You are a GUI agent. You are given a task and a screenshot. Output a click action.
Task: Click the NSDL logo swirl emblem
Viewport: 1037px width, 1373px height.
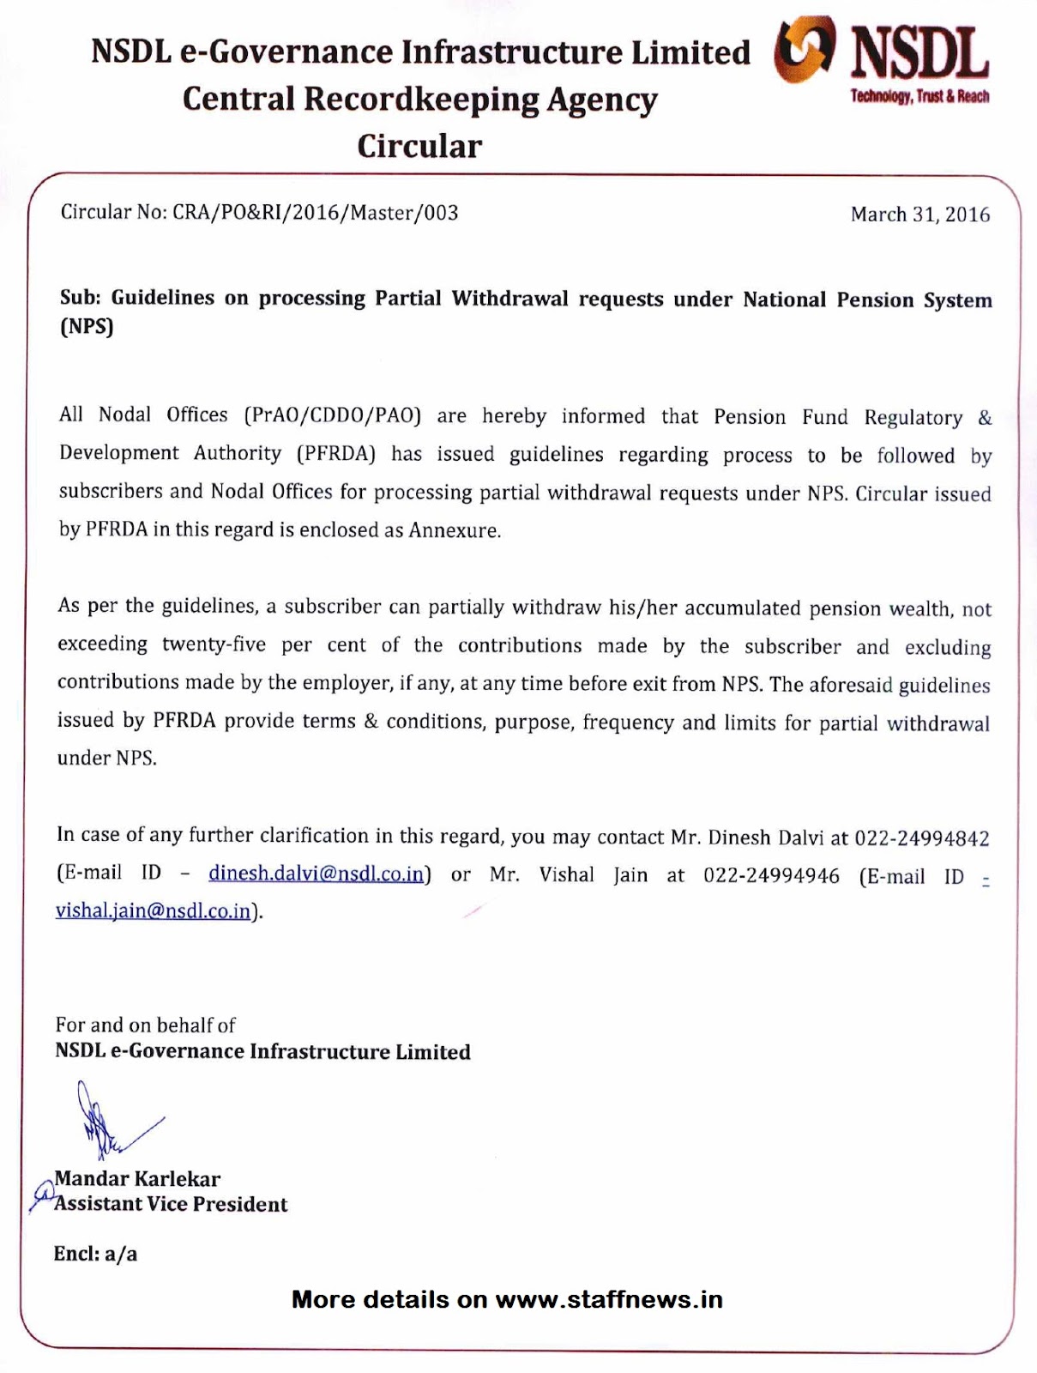804,51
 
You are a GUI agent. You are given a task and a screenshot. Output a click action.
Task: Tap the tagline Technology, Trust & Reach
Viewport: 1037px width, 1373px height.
919,96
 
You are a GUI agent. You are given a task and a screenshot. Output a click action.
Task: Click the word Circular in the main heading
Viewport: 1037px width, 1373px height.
419,146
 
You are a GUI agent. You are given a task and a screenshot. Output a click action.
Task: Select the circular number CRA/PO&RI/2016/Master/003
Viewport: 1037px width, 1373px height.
316,213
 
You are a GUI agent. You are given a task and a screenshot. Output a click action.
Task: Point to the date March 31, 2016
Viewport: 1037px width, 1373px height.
919,215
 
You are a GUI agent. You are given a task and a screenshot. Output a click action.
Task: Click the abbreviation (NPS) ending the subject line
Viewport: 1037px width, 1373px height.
87,327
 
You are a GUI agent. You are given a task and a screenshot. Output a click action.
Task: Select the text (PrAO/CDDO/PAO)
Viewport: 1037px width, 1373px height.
333,416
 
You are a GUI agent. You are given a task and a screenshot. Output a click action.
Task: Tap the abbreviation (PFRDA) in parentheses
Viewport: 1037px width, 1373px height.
336,454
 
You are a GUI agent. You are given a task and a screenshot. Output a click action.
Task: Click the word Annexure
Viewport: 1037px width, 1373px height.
453,530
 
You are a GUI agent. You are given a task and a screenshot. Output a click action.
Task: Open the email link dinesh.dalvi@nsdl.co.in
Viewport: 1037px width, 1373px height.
317,874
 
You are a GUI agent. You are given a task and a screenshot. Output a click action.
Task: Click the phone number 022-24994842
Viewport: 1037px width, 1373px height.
922,838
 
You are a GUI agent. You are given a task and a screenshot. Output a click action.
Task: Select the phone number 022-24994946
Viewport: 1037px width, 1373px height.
771,875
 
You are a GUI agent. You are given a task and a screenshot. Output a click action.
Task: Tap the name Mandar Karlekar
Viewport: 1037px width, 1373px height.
137,1179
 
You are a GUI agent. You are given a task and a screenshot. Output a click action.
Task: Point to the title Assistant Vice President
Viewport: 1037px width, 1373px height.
171,1204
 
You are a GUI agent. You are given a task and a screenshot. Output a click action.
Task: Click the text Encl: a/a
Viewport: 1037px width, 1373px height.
95,1254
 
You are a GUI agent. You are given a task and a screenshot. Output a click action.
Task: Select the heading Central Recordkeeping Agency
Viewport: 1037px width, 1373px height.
419,100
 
